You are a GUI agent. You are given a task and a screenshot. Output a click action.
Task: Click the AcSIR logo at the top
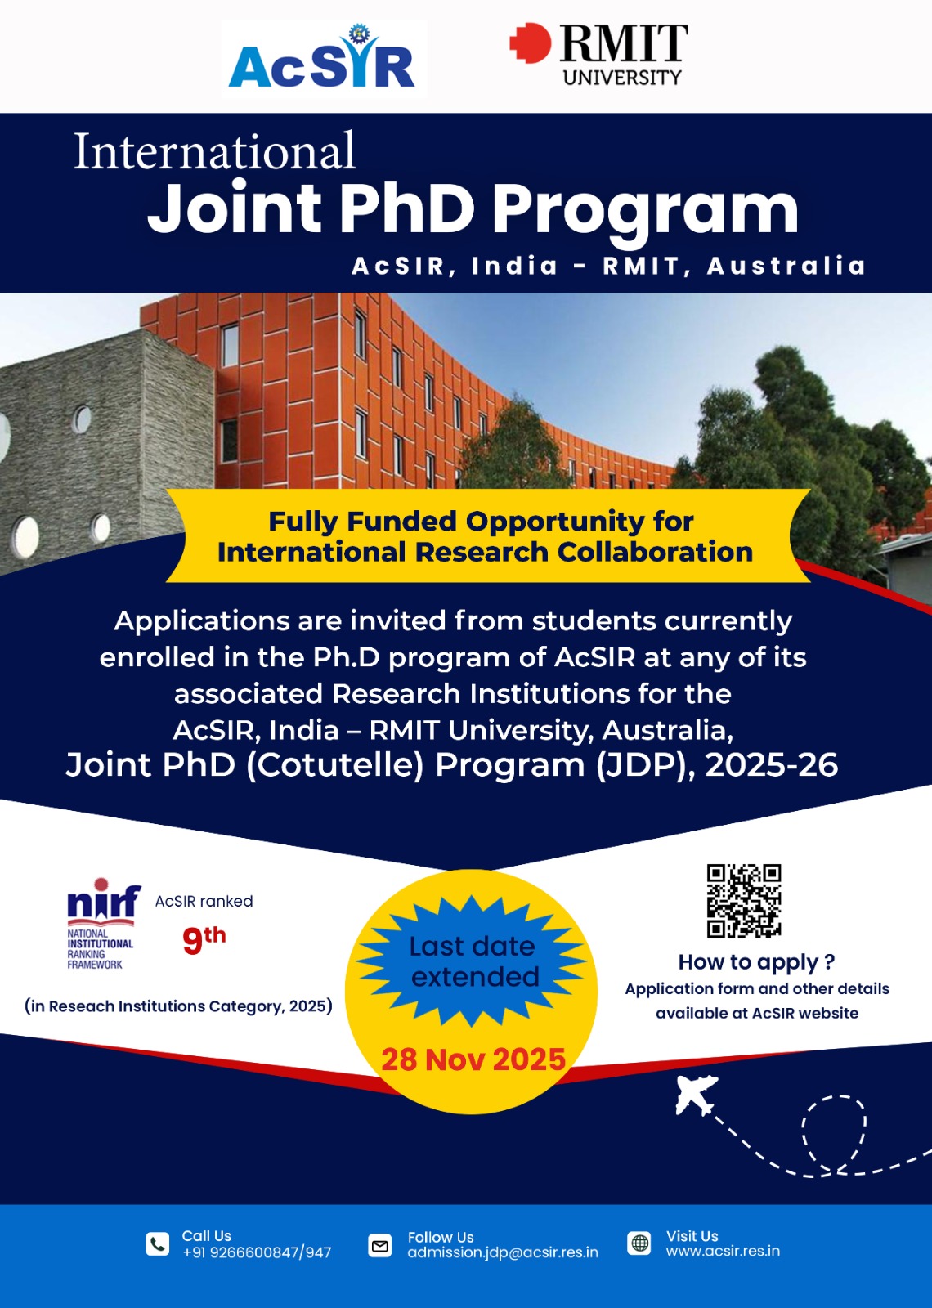(x=322, y=57)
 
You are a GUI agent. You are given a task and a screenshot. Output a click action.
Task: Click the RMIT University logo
(x=598, y=54)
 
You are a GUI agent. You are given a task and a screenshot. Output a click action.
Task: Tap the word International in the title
(x=215, y=150)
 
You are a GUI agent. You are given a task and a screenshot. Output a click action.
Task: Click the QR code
(x=744, y=901)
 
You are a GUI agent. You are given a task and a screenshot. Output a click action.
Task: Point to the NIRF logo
(x=101, y=924)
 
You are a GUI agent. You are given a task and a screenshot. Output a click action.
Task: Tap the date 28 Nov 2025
(x=473, y=1059)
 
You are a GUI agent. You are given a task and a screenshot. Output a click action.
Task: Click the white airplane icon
(x=695, y=1095)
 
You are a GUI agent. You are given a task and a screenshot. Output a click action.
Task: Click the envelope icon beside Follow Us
(x=380, y=1246)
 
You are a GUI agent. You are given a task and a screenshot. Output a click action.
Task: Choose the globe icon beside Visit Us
(x=639, y=1243)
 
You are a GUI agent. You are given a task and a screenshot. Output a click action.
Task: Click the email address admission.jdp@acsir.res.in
(x=503, y=1253)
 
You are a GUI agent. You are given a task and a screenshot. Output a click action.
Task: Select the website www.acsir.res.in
(x=723, y=1252)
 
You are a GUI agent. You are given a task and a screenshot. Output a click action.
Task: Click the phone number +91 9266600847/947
(x=257, y=1253)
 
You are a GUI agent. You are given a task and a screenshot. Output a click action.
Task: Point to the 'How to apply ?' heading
(x=756, y=962)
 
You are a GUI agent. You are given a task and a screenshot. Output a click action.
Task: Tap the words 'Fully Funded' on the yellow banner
(x=362, y=522)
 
